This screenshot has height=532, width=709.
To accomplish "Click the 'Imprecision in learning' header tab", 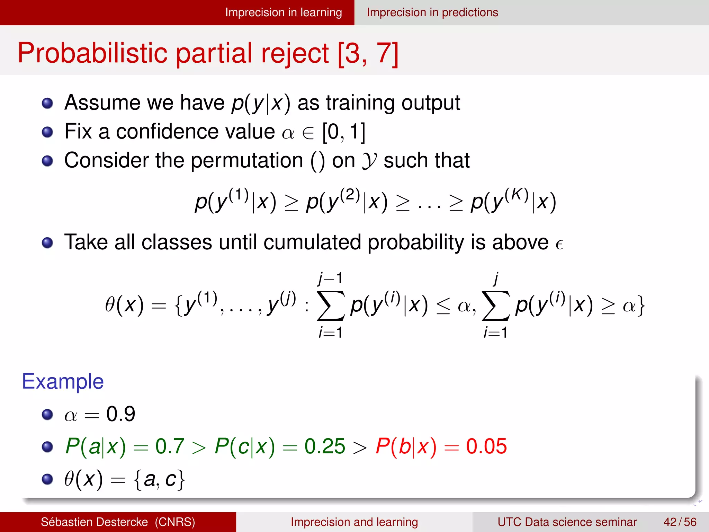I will tap(283, 12).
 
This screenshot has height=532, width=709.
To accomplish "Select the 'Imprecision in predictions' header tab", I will tap(432, 12).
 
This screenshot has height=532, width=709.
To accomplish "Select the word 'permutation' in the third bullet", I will tap(247, 160).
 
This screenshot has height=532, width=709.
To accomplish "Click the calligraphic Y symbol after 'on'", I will tap(369, 161).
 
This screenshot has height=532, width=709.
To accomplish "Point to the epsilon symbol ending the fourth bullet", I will tap(559, 244).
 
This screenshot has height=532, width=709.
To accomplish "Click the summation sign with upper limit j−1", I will tap(331, 305).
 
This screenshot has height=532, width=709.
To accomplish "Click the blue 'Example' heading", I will tap(63, 381).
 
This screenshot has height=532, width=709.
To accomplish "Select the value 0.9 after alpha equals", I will tap(120, 414).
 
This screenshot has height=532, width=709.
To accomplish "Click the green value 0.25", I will tap(324, 446).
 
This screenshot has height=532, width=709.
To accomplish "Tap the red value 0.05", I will tap(486, 446).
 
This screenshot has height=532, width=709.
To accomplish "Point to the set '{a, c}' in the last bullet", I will tap(160, 479).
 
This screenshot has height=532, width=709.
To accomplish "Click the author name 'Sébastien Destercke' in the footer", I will tap(94, 522).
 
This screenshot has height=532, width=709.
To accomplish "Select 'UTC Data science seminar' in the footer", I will tap(567, 522).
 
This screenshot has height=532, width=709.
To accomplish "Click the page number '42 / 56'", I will tap(680, 522).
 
